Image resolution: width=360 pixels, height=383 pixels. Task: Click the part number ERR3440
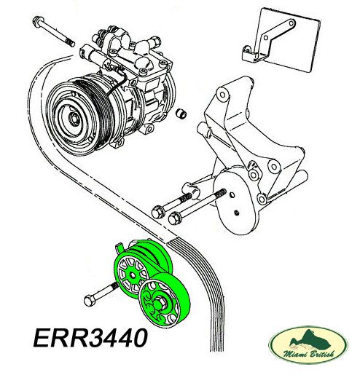coord(90,338)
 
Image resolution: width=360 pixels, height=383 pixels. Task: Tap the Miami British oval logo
coord(308,345)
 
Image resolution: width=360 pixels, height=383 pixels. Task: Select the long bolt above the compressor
coord(53,31)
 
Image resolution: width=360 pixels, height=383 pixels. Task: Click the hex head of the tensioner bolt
coord(90,301)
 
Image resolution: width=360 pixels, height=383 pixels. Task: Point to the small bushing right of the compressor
coord(181,113)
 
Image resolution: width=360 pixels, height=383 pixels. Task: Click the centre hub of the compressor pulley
coord(74,119)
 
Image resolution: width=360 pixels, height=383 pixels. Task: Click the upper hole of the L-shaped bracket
coord(291,23)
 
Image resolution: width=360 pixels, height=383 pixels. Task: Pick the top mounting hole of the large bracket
coord(222,94)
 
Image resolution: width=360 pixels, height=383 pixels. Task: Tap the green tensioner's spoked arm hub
coord(132,275)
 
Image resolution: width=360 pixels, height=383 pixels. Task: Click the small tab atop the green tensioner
coord(120,248)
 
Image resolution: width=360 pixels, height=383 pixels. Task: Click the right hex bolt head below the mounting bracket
coord(174,218)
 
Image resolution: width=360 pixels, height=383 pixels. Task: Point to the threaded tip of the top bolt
coord(71,43)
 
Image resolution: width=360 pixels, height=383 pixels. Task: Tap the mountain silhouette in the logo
coord(310,339)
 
